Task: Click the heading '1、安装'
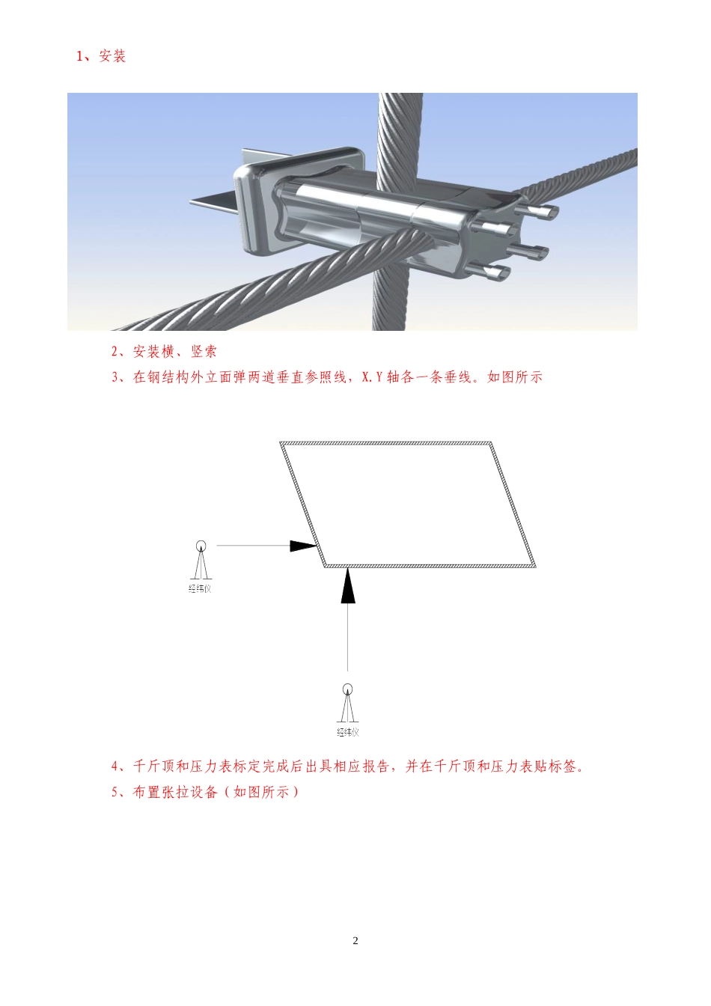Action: pyautogui.click(x=101, y=56)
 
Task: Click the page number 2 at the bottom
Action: pyautogui.click(x=355, y=940)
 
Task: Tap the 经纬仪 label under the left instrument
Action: pyautogui.click(x=200, y=589)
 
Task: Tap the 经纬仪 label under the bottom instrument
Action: pyautogui.click(x=347, y=732)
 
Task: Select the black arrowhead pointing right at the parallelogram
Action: pyautogui.click(x=304, y=546)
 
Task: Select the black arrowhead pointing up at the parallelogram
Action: pyautogui.click(x=347, y=586)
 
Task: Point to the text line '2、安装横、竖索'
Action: pyautogui.click(x=164, y=352)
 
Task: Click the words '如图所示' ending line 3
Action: pyautogui.click(x=515, y=377)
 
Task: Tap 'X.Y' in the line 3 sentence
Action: pyautogui.click(x=372, y=377)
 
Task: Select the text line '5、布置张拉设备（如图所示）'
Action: pyautogui.click(x=205, y=792)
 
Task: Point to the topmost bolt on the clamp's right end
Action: pyautogui.click(x=540, y=212)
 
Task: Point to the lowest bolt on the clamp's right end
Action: pyautogui.click(x=495, y=273)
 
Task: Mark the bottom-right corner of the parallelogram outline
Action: pyautogui.click(x=534, y=565)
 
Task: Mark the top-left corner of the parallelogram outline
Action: pyautogui.click(x=281, y=444)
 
